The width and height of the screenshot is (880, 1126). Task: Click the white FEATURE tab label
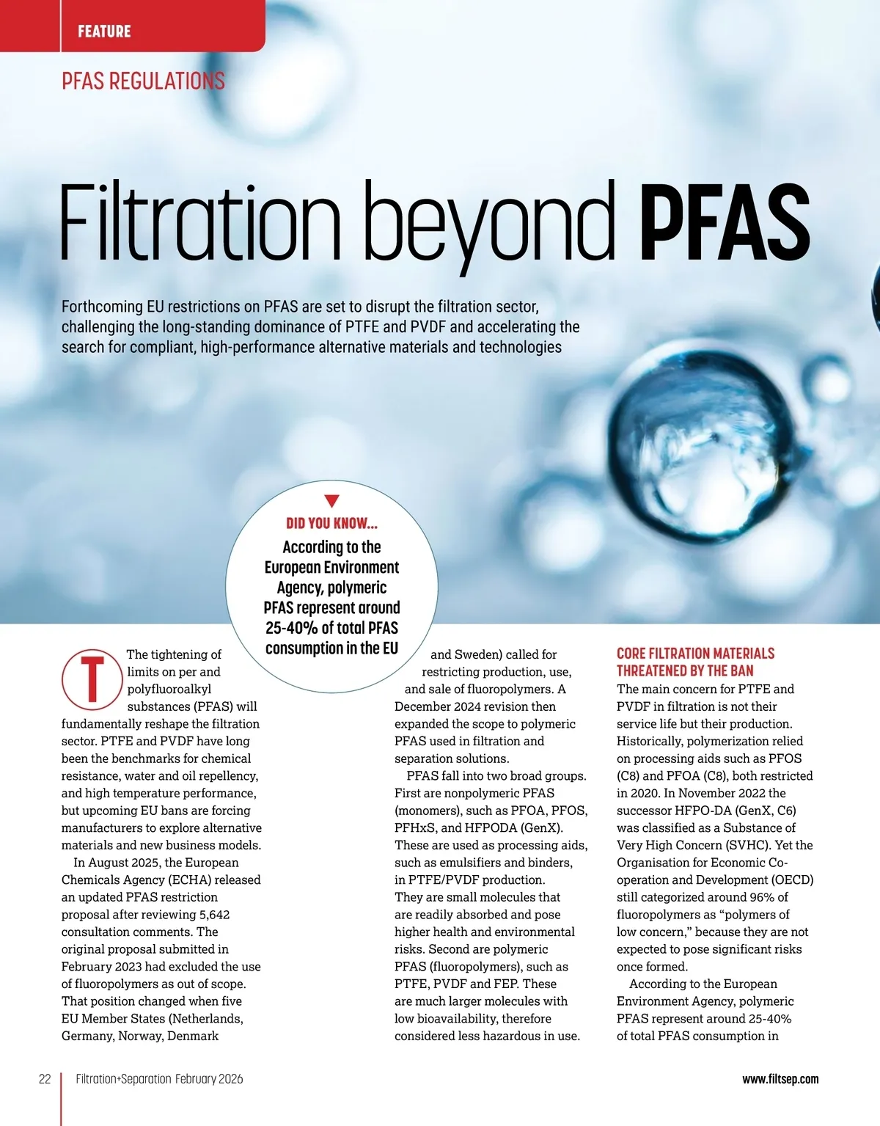click(x=104, y=31)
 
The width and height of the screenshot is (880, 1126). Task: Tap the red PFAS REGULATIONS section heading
click(x=143, y=81)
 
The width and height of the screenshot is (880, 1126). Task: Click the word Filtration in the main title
click(x=199, y=220)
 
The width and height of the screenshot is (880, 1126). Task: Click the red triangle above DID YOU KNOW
click(x=331, y=501)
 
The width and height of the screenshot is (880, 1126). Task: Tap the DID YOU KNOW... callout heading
click(x=331, y=523)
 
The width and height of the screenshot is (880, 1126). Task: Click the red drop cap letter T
click(x=92, y=679)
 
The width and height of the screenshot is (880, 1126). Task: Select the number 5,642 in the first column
click(x=214, y=915)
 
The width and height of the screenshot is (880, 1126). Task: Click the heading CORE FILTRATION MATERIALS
click(x=695, y=654)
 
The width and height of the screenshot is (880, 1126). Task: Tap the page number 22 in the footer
click(x=45, y=1079)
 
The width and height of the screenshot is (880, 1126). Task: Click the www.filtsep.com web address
click(x=780, y=1079)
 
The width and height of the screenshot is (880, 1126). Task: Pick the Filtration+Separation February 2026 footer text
click(x=159, y=1079)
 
